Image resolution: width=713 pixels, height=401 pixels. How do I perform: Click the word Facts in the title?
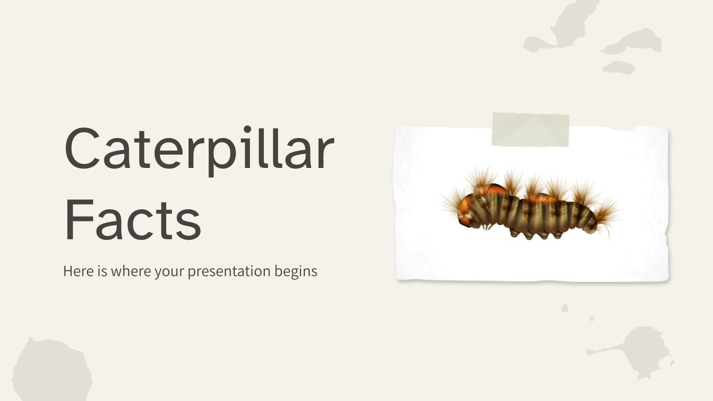[133, 220]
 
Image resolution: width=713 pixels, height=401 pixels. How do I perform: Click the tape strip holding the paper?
[530, 130]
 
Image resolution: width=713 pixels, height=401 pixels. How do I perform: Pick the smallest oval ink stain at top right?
[619, 67]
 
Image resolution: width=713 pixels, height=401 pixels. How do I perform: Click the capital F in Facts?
[78, 220]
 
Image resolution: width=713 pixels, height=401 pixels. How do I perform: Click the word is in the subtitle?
[102, 271]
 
